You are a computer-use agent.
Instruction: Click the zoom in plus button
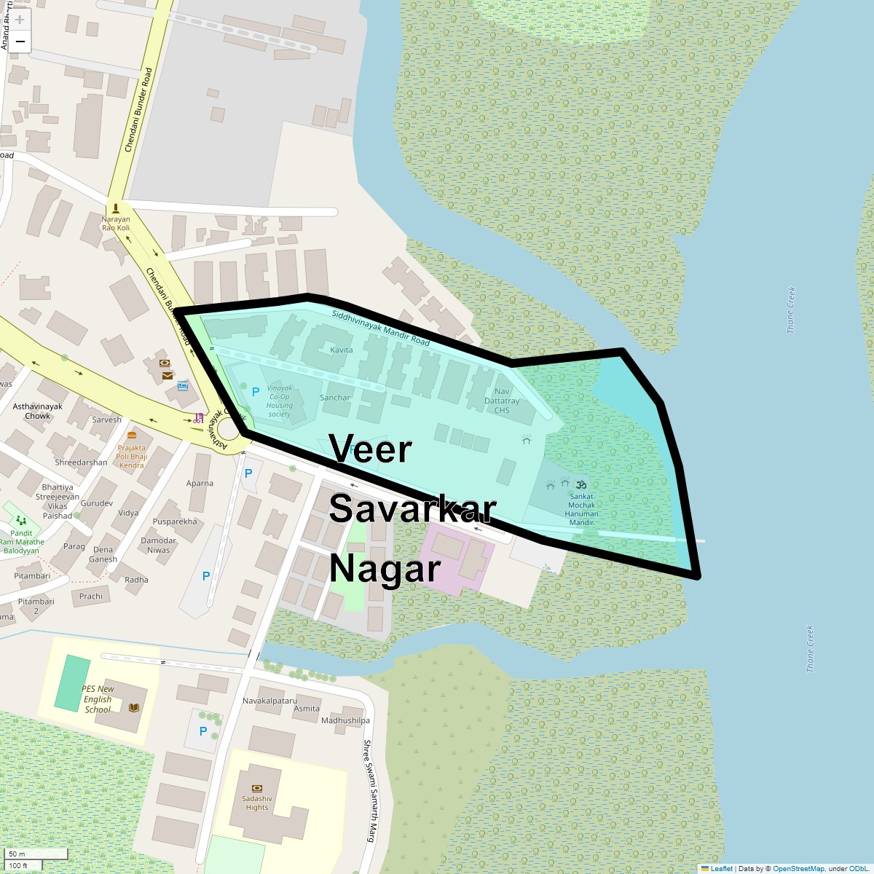coord(20,20)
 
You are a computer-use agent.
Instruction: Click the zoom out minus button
coord(20,42)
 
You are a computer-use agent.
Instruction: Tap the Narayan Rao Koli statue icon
coord(116,208)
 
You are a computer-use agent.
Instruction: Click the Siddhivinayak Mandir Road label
coord(380,328)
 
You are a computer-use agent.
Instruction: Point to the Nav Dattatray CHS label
coord(502,401)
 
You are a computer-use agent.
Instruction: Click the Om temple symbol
coord(581,484)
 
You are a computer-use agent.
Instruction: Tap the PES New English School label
coord(98,699)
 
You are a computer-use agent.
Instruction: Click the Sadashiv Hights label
coord(256,803)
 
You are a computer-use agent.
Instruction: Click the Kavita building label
coord(341,350)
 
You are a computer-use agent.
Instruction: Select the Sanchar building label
coord(335,398)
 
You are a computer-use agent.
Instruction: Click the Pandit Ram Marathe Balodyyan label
coord(22,542)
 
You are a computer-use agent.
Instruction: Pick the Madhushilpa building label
coord(345,720)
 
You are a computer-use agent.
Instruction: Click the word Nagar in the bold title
coord(385,569)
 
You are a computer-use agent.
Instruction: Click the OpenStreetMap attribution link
coord(798,868)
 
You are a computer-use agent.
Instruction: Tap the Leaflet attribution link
coord(721,868)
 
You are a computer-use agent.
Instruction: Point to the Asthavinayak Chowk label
coord(38,412)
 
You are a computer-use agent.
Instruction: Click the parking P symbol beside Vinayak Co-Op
coord(255,392)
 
